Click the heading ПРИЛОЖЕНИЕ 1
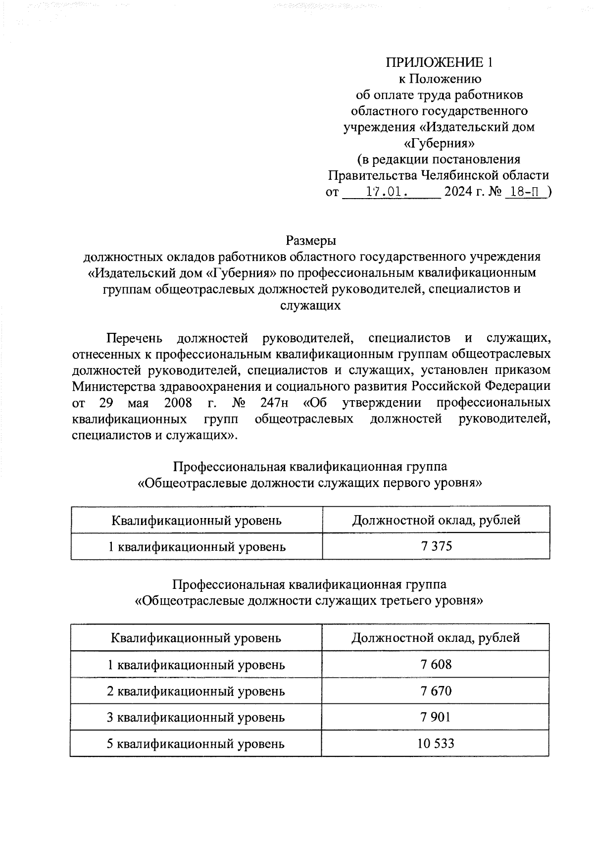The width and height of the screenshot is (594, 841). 439,62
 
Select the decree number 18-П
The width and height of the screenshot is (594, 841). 527,192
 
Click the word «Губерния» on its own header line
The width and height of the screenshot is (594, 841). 439,143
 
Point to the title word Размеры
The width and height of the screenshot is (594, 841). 311,241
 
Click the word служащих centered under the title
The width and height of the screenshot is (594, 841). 310,305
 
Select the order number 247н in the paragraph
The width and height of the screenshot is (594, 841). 275,402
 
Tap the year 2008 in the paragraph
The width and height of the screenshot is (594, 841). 178,402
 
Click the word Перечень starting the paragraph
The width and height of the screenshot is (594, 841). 134,338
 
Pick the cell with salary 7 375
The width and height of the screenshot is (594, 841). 436,546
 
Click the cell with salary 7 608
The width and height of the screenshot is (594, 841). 436,664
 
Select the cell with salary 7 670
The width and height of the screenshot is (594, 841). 436,690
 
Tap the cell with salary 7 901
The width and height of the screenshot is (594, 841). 436,717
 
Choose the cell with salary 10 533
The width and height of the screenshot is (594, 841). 436,743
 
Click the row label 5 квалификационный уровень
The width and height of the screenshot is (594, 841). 196,743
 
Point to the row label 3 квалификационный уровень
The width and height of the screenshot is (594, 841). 196,717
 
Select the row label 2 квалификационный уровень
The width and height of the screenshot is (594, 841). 196,691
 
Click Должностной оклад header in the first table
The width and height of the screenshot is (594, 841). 436,520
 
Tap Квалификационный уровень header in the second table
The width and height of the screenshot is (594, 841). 196,638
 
